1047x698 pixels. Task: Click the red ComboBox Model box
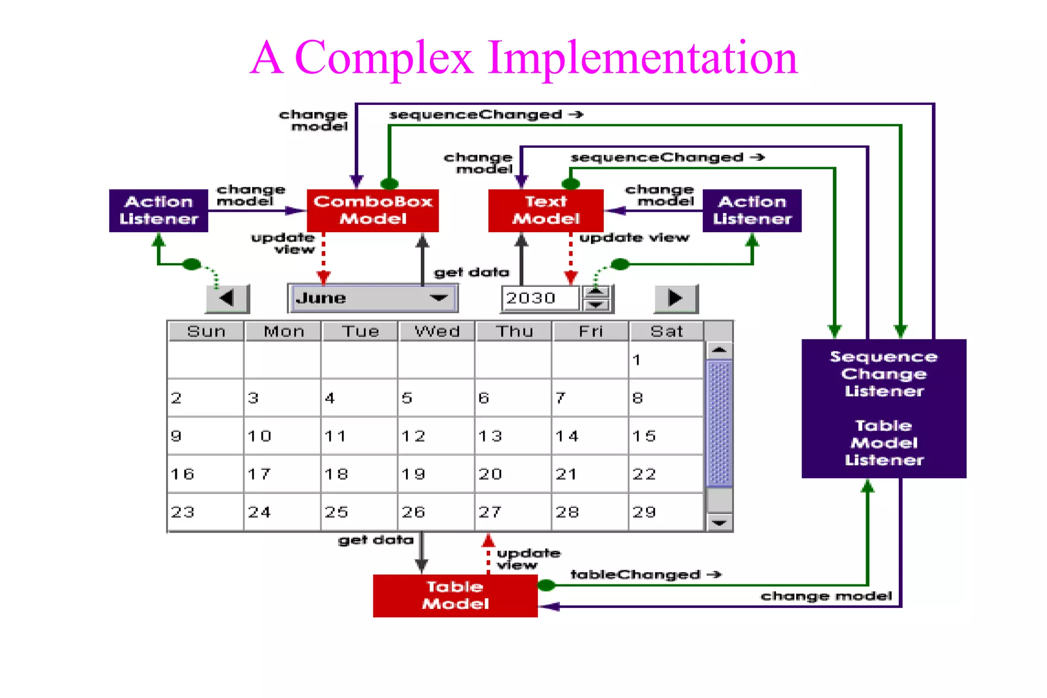pyautogui.click(x=373, y=210)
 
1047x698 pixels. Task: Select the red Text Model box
pyautogui.click(x=545, y=210)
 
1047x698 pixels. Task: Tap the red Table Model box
pyautogui.click(x=455, y=596)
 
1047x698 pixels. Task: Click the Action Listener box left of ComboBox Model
pyautogui.click(x=158, y=210)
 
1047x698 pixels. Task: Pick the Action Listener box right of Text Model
pyautogui.click(x=752, y=210)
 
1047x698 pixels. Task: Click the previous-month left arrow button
pyautogui.click(x=227, y=298)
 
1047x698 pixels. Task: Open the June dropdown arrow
pyautogui.click(x=439, y=298)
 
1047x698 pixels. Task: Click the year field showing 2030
pyautogui.click(x=540, y=298)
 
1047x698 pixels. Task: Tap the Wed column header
pyautogui.click(x=437, y=331)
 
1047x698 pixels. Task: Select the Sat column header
pyautogui.click(x=667, y=331)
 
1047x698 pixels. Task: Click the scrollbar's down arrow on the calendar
pyautogui.click(x=719, y=523)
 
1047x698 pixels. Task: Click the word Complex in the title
pyautogui.click(x=383, y=57)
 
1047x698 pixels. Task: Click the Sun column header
pyautogui.click(x=206, y=331)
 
